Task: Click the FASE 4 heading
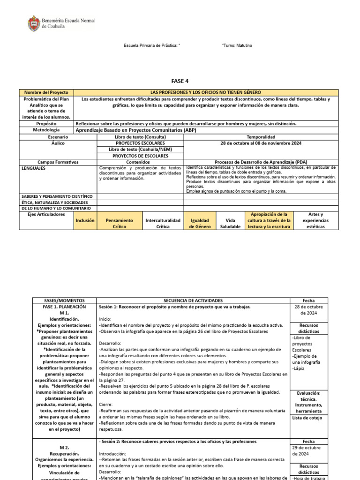click(x=180, y=81)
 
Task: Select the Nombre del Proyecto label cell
click(x=46, y=92)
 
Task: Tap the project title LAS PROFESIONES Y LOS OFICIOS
click(x=206, y=92)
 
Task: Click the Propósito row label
click(x=46, y=123)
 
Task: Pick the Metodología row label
click(x=46, y=130)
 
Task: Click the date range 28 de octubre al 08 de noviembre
click(x=261, y=142)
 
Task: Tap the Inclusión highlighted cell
click(x=85, y=220)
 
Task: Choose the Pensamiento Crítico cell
click(x=119, y=223)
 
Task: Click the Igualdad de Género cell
click(x=199, y=223)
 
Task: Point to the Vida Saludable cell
click(x=230, y=223)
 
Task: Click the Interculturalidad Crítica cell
click(x=163, y=223)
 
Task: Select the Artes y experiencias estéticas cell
click(x=315, y=220)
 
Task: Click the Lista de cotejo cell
click(x=307, y=418)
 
